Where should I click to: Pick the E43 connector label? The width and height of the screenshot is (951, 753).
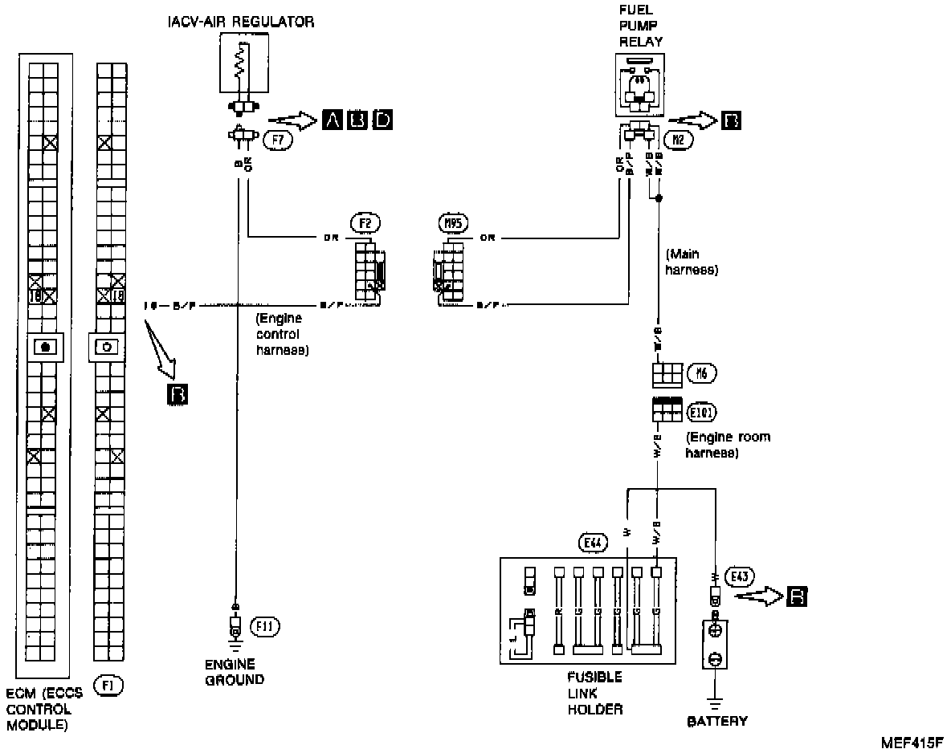(x=737, y=576)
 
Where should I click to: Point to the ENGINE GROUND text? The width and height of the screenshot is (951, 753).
(x=234, y=672)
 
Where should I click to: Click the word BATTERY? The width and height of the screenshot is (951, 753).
(x=717, y=721)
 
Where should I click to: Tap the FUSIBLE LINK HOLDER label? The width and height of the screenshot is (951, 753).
(x=594, y=693)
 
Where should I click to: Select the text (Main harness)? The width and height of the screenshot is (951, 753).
(x=691, y=263)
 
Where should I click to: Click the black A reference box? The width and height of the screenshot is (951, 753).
(x=332, y=120)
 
